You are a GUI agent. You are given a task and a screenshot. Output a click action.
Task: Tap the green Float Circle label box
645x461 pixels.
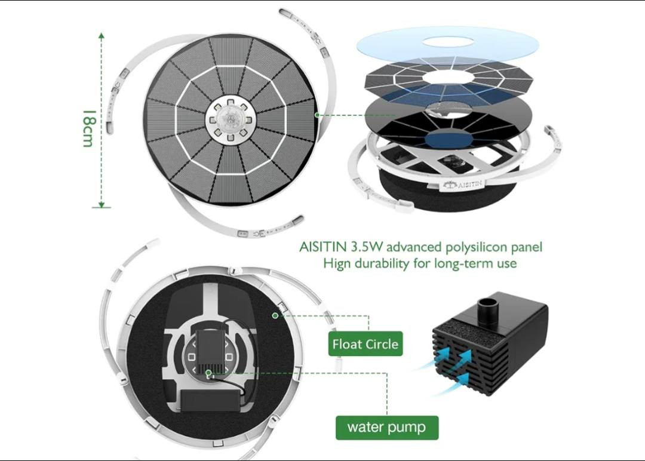click(x=365, y=344)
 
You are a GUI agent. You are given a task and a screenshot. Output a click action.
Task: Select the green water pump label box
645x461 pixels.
click(x=386, y=428)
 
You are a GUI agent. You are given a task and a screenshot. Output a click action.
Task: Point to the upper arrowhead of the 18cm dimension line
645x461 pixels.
click(x=101, y=35)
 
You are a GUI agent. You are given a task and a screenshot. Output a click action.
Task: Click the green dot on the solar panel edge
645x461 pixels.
click(x=317, y=115)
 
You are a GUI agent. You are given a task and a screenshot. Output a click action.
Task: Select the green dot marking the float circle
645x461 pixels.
click(x=275, y=315)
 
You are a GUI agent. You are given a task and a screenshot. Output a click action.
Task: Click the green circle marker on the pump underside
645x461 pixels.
click(x=208, y=373)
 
